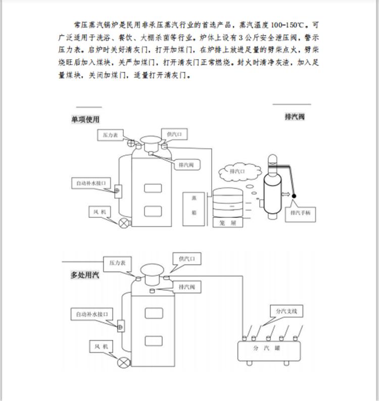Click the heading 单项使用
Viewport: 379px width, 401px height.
[x=85, y=119]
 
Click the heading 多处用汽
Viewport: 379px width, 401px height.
[x=85, y=275]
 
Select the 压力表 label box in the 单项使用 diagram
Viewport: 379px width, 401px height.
[x=110, y=135]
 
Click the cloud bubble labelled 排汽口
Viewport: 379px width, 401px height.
[x=238, y=172]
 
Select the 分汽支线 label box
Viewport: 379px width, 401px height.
[x=287, y=311]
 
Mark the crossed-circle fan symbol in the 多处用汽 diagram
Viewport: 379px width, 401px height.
[x=122, y=362]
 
